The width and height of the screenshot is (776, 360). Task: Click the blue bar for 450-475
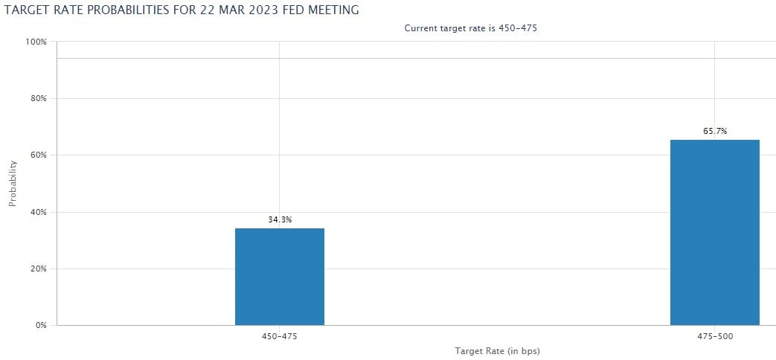(279, 277)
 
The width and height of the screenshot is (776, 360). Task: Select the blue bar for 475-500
(714, 232)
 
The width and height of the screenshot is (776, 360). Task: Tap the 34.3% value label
(280, 219)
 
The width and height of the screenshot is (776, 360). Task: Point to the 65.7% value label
(715, 131)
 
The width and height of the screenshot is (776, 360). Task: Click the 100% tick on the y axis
(36, 42)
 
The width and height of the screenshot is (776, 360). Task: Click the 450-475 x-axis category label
(280, 336)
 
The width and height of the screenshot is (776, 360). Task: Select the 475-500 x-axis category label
(714, 336)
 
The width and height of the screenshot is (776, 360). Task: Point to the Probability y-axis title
(13, 183)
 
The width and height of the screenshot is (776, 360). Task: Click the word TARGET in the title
(28, 10)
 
